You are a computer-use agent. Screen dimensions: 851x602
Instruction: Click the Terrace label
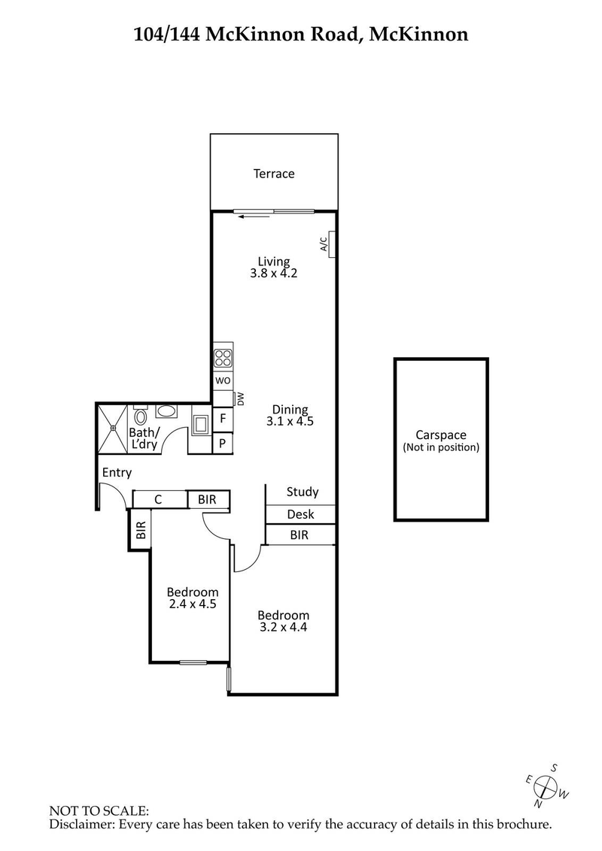[x=273, y=174]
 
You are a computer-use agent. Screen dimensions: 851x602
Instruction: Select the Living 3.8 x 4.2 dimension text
[x=274, y=274]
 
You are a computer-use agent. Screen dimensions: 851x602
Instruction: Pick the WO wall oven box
[x=223, y=380]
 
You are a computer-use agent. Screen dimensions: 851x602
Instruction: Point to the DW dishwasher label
[x=241, y=399]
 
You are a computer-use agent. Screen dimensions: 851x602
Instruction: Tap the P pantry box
[x=223, y=444]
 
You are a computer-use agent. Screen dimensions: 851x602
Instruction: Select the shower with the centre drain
[x=113, y=429]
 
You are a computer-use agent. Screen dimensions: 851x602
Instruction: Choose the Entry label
[x=117, y=473]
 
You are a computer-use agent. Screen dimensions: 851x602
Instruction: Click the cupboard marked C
[x=159, y=498]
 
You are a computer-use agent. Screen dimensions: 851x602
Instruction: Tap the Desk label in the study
[x=300, y=515]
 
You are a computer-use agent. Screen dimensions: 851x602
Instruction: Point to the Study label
[x=302, y=492]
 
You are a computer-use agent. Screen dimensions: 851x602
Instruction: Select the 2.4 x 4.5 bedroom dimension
[x=193, y=604]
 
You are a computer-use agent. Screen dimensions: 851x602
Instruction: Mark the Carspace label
[x=441, y=435]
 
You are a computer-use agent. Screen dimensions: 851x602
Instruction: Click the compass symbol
[x=547, y=786]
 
